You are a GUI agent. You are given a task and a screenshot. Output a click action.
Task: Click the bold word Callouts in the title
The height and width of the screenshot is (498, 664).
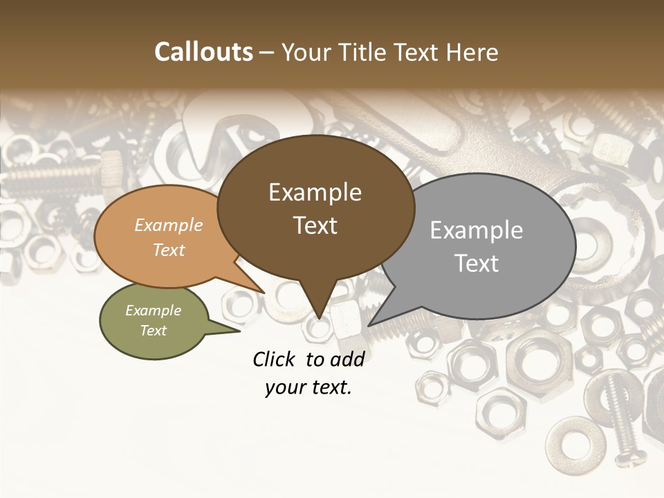pos(203,52)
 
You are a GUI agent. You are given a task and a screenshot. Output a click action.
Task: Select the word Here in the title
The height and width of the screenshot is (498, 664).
pos(473,52)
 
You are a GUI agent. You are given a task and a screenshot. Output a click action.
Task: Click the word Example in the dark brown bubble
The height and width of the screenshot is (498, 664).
pos(315,192)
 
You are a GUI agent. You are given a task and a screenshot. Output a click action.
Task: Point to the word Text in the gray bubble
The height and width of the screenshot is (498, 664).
pos(476,264)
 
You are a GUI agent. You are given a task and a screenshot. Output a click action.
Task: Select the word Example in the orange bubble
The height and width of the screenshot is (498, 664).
pos(169,225)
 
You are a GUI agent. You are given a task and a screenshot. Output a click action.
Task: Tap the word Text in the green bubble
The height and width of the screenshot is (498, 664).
pos(154,331)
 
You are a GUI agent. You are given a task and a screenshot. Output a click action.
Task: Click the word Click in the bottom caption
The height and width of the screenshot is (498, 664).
pos(275,359)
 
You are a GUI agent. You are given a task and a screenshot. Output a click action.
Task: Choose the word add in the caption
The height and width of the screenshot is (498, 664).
pos(347,359)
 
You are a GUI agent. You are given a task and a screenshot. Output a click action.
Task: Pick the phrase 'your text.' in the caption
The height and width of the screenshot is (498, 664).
pos(308,388)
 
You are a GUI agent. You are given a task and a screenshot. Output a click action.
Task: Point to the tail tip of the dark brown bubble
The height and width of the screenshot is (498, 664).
pos(319,317)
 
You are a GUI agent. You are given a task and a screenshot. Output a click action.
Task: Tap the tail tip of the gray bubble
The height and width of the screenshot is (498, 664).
pos(370,324)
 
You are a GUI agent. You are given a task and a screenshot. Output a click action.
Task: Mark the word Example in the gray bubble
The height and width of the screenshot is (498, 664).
pos(476,230)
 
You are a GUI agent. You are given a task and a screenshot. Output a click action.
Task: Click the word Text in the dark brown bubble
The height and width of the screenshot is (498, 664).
pos(315,225)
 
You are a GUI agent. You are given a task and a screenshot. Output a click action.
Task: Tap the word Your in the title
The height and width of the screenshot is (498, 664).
pos(304,52)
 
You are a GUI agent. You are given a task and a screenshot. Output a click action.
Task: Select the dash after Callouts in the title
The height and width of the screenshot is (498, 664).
pos(268,53)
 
